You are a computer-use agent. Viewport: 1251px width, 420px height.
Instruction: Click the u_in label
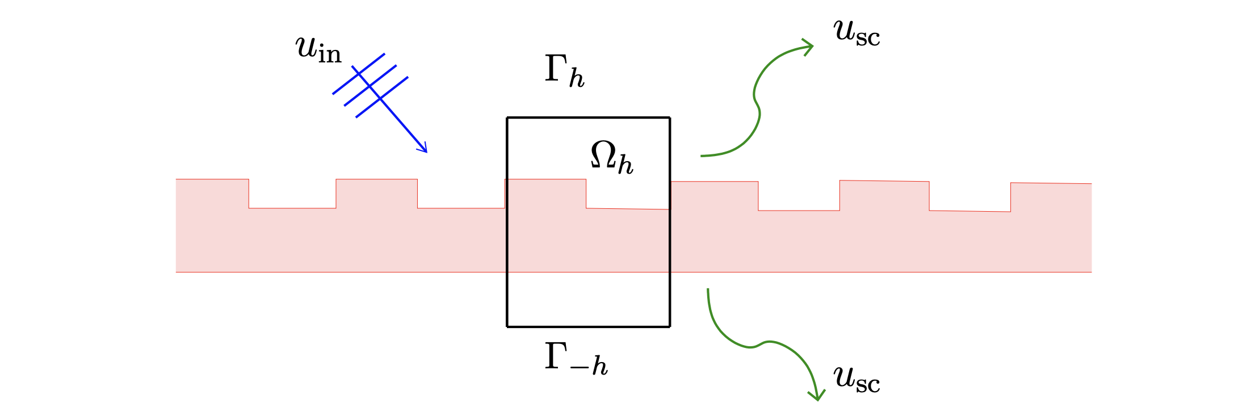[318, 49]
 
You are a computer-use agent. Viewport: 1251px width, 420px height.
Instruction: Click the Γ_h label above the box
[564, 72]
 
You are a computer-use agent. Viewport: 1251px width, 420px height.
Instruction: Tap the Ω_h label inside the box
[611, 157]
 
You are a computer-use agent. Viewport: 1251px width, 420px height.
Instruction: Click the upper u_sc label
[857, 32]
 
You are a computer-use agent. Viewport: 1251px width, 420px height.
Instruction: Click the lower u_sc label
[857, 380]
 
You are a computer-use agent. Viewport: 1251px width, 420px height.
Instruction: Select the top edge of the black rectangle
[588, 117]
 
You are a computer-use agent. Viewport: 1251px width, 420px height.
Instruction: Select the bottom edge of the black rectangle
[588, 326]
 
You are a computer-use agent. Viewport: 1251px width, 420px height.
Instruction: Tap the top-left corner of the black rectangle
[507, 117]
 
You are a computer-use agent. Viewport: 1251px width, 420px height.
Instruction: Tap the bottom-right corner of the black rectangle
[670, 326]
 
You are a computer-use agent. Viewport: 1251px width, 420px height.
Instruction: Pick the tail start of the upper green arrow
[702, 156]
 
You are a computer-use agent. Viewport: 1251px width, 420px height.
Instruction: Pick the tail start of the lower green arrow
[708, 290]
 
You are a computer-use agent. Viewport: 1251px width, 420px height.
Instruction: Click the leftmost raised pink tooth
[212, 193]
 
